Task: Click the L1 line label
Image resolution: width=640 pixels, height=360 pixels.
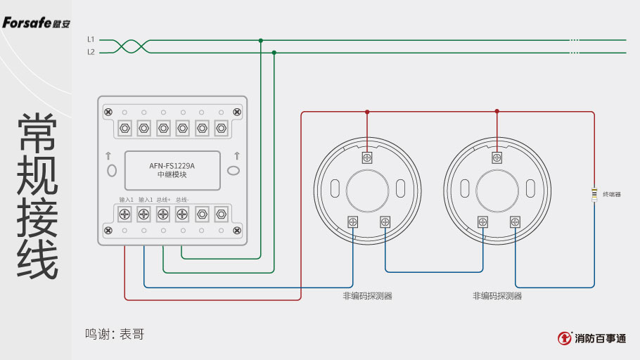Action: (91, 39)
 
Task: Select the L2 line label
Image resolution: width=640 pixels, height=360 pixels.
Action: (91, 52)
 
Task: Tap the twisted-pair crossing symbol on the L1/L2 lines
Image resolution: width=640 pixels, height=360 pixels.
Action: (131, 46)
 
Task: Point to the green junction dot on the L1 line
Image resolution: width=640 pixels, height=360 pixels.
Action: (260, 40)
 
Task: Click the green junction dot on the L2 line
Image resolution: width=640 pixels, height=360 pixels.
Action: (274, 52)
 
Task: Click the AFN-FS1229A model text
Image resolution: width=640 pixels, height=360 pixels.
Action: (172, 167)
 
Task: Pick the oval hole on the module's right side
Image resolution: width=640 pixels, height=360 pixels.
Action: (233, 169)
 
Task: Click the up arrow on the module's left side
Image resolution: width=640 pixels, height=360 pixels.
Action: (108, 155)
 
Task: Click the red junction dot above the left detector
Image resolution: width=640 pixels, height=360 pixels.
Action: (366, 111)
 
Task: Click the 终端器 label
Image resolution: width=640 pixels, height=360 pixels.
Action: (611, 194)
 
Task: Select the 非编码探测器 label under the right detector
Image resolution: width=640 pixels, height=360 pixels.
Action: (497, 296)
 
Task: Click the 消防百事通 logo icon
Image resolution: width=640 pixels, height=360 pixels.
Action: (565, 338)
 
